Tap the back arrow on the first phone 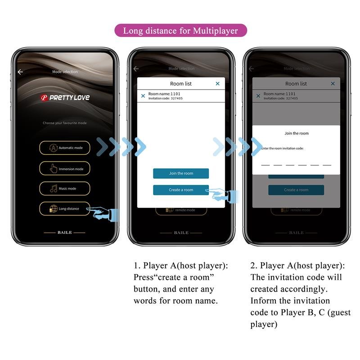[20, 72]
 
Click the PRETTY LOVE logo [65, 97]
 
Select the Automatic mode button [64, 148]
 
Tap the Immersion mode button [64, 169]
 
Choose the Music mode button [64, 189]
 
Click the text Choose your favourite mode [64, 123]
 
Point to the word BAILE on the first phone [64, 233]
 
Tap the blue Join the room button [181, 173]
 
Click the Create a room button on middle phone [181, 190]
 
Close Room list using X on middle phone [218, 84]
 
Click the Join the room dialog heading [297, 133]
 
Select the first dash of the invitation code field [265, 165]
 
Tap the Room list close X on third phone [333, 84]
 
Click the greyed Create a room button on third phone [296, 190]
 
